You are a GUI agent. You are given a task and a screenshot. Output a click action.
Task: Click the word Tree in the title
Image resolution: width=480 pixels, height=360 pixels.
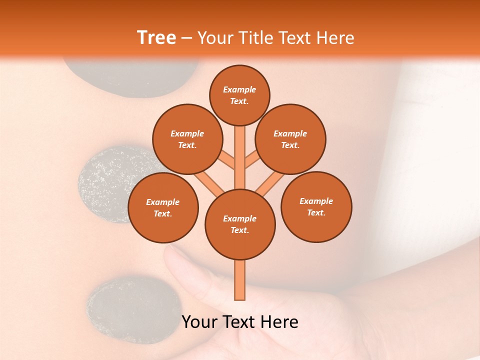pos(156,38)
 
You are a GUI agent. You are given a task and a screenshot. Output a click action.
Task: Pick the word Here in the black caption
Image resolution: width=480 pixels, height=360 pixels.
pos(278,322)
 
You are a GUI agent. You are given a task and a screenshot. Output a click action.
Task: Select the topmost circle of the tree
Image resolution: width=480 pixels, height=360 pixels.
pos(239,95)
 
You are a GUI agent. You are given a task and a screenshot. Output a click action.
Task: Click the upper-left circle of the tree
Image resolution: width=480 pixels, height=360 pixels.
pos(187,139)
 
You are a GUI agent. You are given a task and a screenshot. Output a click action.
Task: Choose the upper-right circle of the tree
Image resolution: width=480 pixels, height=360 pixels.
pos(290,139)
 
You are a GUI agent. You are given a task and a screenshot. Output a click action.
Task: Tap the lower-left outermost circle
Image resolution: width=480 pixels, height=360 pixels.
pos(162,207)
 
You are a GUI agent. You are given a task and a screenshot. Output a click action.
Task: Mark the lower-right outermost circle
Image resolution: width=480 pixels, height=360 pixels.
pos(316,206)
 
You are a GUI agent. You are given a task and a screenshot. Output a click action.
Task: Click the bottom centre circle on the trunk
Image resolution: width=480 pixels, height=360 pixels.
pos(240,224)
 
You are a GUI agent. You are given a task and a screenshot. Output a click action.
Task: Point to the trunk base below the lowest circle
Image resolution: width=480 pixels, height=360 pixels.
pos(240,280)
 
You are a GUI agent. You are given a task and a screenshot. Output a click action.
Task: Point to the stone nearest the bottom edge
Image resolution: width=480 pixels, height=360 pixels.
pos(132,310)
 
